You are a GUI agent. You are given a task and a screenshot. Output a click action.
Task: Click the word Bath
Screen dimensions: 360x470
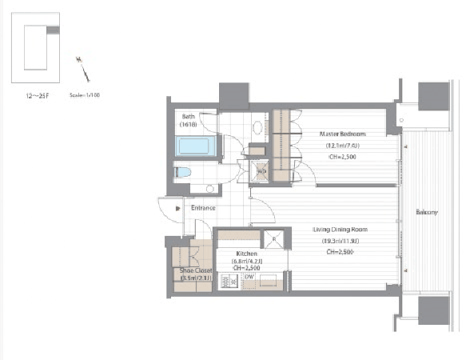185,116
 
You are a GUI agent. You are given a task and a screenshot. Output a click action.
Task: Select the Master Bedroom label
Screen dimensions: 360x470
342,134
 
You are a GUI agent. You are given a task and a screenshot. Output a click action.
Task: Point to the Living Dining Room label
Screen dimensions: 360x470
345,229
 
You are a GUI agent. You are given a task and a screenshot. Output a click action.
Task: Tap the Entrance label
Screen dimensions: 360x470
203,208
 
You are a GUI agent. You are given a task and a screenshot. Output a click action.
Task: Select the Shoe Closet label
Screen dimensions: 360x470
194,270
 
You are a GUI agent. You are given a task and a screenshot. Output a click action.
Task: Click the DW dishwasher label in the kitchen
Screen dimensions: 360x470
249,277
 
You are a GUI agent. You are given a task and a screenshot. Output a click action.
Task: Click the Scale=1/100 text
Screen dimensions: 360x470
86,94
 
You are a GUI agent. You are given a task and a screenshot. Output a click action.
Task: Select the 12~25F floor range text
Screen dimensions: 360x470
35,94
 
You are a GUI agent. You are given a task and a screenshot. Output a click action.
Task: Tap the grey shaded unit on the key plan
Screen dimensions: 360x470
53,30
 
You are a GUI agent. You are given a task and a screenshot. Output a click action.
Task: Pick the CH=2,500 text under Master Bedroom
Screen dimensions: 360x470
345,158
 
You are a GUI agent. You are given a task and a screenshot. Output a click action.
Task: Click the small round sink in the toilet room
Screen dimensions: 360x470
209,189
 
